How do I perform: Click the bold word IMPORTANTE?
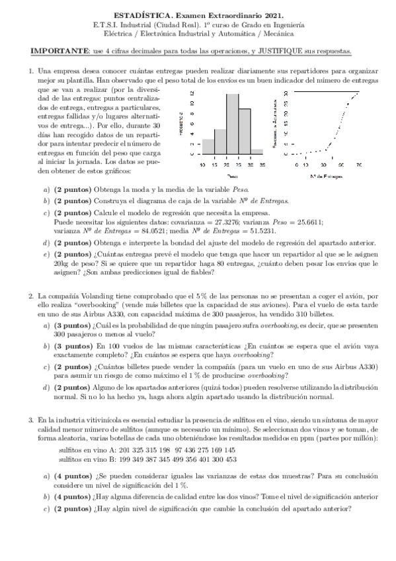pyautogui.click(x=60, y=51)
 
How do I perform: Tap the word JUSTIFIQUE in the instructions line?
pyautogui.click(x=292, y=51)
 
